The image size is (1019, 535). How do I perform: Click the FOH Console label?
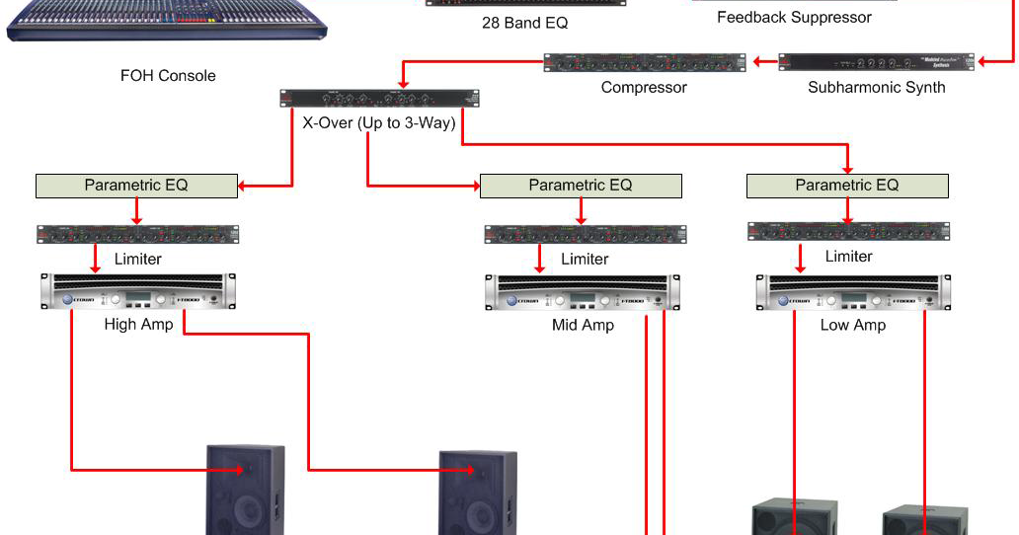point(168,75)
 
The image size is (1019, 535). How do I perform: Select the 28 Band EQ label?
point(524,23)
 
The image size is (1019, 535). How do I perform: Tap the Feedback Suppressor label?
point(794,18)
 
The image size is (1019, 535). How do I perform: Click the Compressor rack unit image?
point(645,62)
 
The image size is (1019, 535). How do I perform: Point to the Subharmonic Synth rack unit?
point(876,62)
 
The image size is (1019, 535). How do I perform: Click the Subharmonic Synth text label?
point(876,87)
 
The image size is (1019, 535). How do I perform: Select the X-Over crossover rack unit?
point(379,98)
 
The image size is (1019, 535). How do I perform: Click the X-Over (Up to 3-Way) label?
point(379,123)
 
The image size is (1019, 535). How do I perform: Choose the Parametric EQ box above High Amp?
point(136,185)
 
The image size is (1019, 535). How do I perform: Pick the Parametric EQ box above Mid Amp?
point(581,185)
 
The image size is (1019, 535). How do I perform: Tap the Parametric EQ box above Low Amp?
point(847,185)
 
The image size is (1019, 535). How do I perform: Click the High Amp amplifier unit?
point(136,292)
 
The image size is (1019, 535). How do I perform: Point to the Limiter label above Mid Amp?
point(585,259)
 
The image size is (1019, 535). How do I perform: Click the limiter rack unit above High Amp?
point(137,234)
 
